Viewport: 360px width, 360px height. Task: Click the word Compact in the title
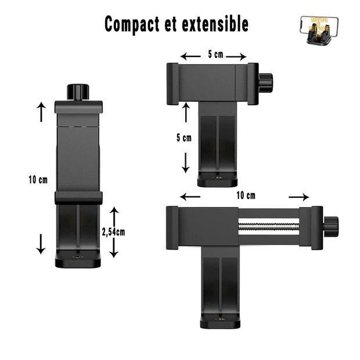(131, 24)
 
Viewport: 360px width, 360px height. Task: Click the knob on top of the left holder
(78, 92)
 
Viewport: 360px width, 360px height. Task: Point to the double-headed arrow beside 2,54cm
(114, 232)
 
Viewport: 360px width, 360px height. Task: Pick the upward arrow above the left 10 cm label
(41, 111)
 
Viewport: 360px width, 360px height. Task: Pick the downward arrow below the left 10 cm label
(40, 242)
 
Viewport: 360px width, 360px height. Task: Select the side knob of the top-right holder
(265, 82)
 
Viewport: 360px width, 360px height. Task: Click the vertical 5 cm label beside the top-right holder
(183, 138)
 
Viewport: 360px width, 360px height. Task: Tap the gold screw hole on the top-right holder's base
(217, 179)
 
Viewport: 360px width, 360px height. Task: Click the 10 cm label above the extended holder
(245, 195)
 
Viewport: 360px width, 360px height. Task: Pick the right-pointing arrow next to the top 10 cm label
(298, 197)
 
